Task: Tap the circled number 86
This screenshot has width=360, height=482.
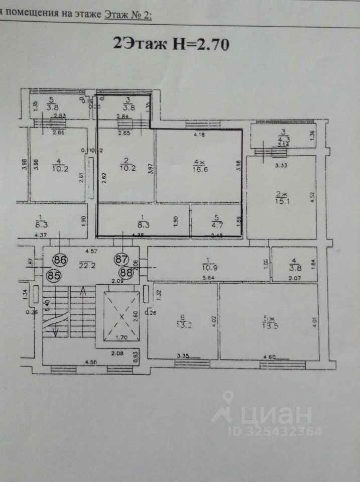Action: click(x=60, y=260)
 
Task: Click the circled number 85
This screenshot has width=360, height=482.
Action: click(x=53, y=275)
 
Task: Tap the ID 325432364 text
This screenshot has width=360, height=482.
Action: click(x=275, y=431)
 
